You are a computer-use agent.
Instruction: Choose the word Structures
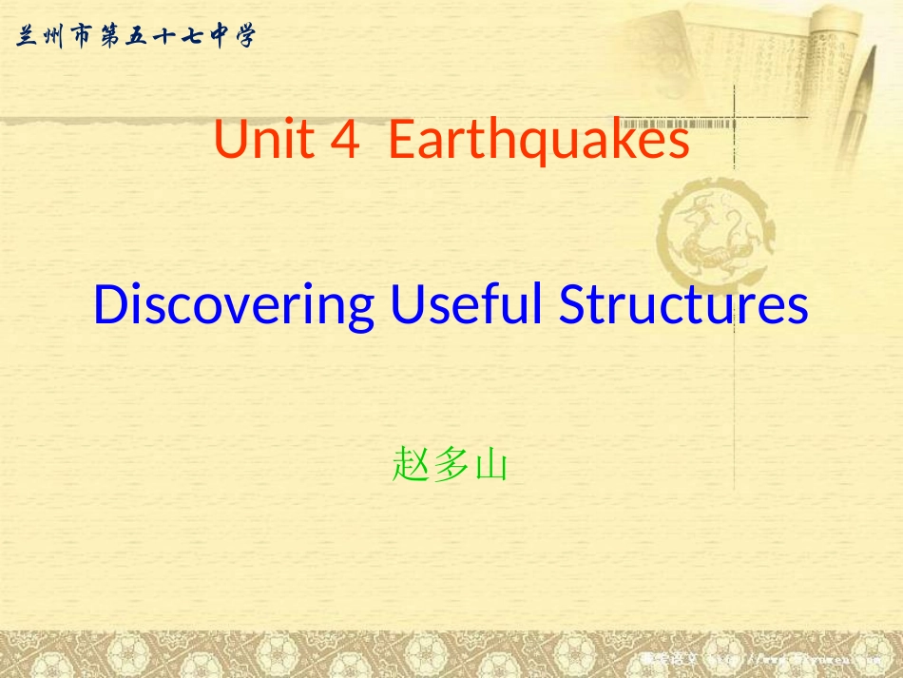[683, 306]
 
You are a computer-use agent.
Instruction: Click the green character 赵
[410, 467]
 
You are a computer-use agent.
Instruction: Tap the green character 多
[450, 467]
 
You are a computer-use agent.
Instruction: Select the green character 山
[490, 467]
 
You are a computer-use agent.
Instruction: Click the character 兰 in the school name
[27, 37]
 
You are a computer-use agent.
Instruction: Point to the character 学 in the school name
[246, 37]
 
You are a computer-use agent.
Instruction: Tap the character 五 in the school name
[136, 37]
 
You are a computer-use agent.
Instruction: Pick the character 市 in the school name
[81, 37]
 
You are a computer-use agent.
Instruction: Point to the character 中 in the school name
[219, 37]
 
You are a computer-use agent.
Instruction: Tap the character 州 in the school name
[53, 37]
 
